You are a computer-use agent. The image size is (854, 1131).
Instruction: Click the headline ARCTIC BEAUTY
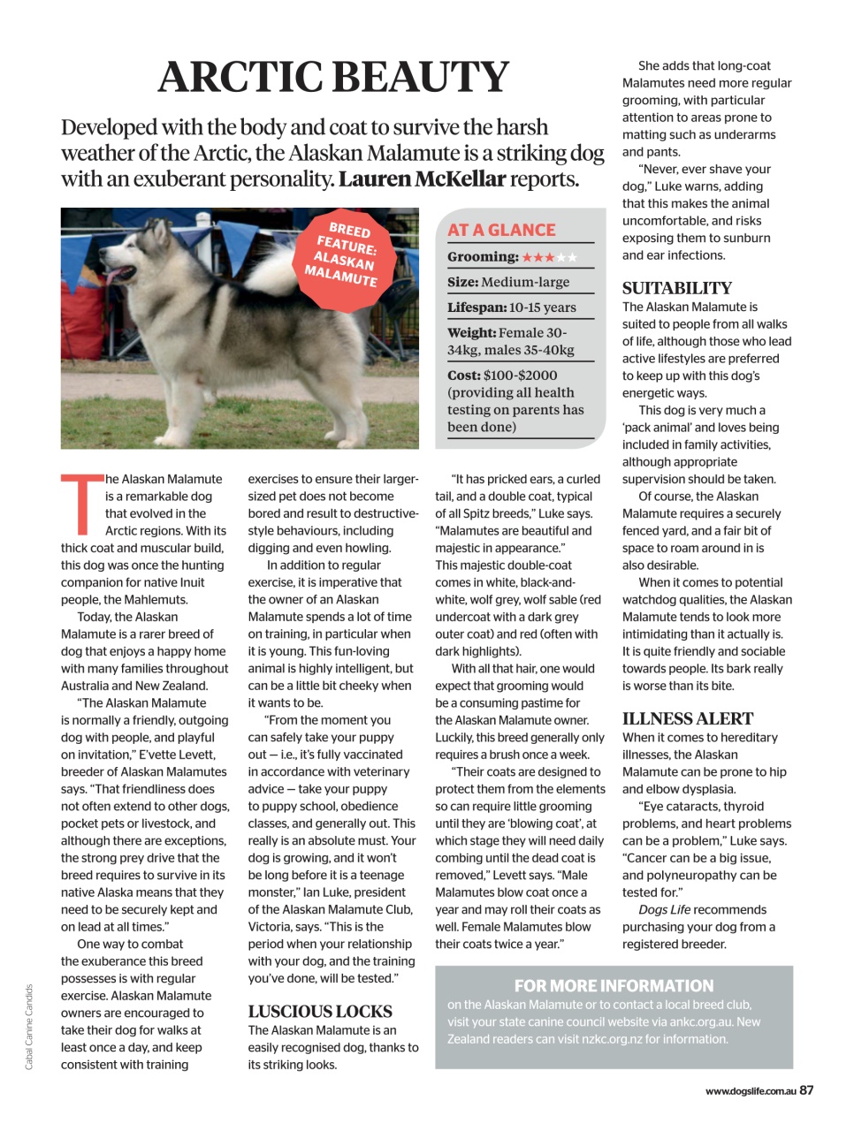333,77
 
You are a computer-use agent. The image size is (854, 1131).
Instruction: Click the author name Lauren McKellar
422,179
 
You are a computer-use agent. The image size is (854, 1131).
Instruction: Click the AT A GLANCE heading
501,230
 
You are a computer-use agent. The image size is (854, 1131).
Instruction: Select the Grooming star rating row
512,257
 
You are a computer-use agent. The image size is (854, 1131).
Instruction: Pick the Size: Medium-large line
508,283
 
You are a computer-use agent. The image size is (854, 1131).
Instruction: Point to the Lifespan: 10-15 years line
511,307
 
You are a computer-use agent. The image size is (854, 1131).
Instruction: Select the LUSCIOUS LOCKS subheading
320,1012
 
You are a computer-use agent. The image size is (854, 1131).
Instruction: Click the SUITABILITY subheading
677,288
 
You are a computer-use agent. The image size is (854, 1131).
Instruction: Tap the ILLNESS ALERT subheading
688,718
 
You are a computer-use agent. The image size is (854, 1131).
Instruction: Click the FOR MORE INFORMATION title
614,986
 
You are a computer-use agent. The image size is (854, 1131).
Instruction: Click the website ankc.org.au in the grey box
702,1022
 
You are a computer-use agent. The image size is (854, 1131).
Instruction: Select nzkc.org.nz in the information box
611,1039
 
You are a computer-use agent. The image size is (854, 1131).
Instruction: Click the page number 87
806,1090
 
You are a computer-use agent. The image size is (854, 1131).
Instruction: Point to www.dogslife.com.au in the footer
751,1091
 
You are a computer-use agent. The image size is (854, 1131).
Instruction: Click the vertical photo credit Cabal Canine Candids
28,1027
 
